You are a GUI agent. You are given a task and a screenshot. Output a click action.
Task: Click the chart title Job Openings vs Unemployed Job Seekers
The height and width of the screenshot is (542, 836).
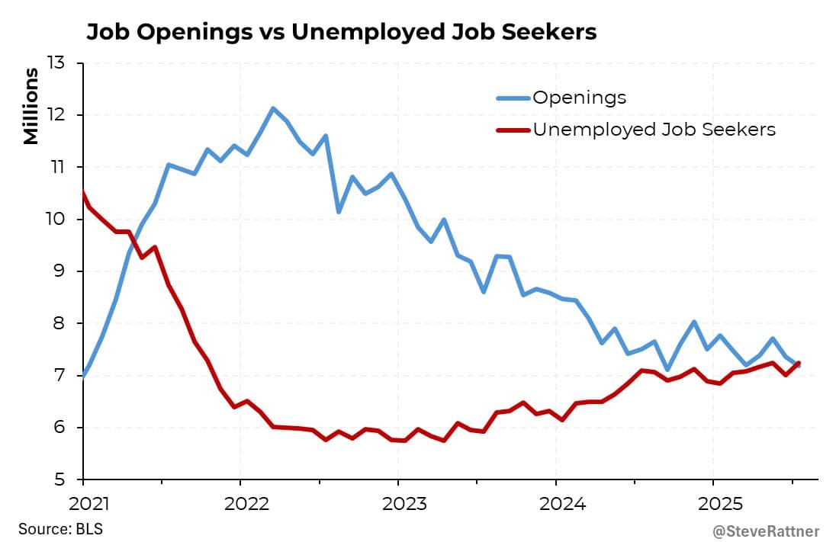pyautogui.click(x=341, y=32)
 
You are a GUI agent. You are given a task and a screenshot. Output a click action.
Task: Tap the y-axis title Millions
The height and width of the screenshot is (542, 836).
pyautogui.click(x=31, y=106)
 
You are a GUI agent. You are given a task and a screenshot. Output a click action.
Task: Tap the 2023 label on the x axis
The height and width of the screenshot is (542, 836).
pyautogui.click(x=397, y=504)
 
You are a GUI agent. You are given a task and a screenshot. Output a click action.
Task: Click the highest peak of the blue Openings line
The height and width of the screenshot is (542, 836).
pyautogui.click(x=273, y=108)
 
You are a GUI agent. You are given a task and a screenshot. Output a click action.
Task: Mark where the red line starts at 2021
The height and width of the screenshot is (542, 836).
pyautogui.click(x=83, y=193)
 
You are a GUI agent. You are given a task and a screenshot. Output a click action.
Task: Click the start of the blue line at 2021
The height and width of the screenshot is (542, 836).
pyautogui.click(x=83, y=375)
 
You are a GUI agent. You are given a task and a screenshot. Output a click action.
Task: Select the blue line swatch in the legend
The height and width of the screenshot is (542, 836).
pyautogui.click(x=512, y=98)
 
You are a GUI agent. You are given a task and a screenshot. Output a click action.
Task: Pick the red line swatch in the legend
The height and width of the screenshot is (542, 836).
pyautogui.click(x=512, y=130)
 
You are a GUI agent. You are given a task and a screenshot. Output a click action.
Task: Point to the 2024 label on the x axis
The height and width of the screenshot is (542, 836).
pyautogui.click(x=555, y=504)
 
